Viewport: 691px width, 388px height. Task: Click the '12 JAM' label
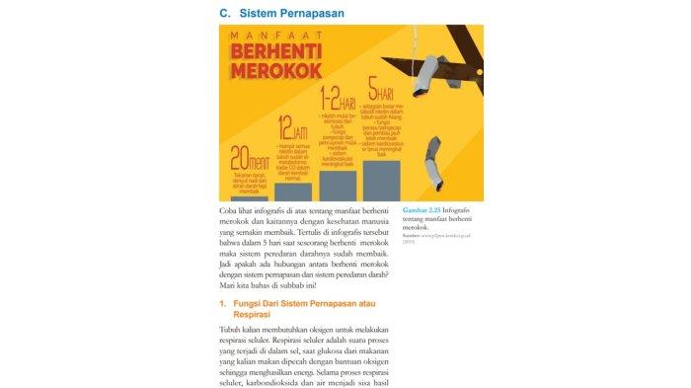tap(292, 128)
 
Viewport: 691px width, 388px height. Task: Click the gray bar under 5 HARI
tap(381, 181)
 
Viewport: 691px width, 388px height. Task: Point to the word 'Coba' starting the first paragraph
tap(228, 211)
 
